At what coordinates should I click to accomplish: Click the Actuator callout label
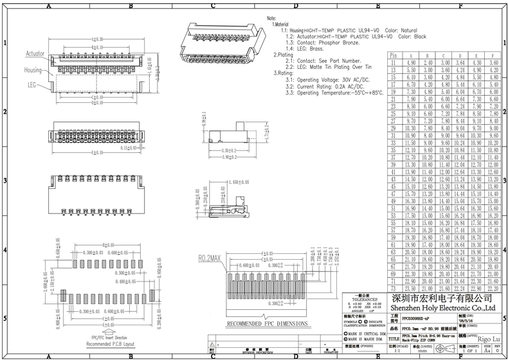coord(35,55)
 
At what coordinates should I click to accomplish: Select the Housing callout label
coord(33,69)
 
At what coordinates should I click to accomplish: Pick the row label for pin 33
coord(394,141)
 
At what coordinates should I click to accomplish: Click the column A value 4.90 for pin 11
coord(412,63)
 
